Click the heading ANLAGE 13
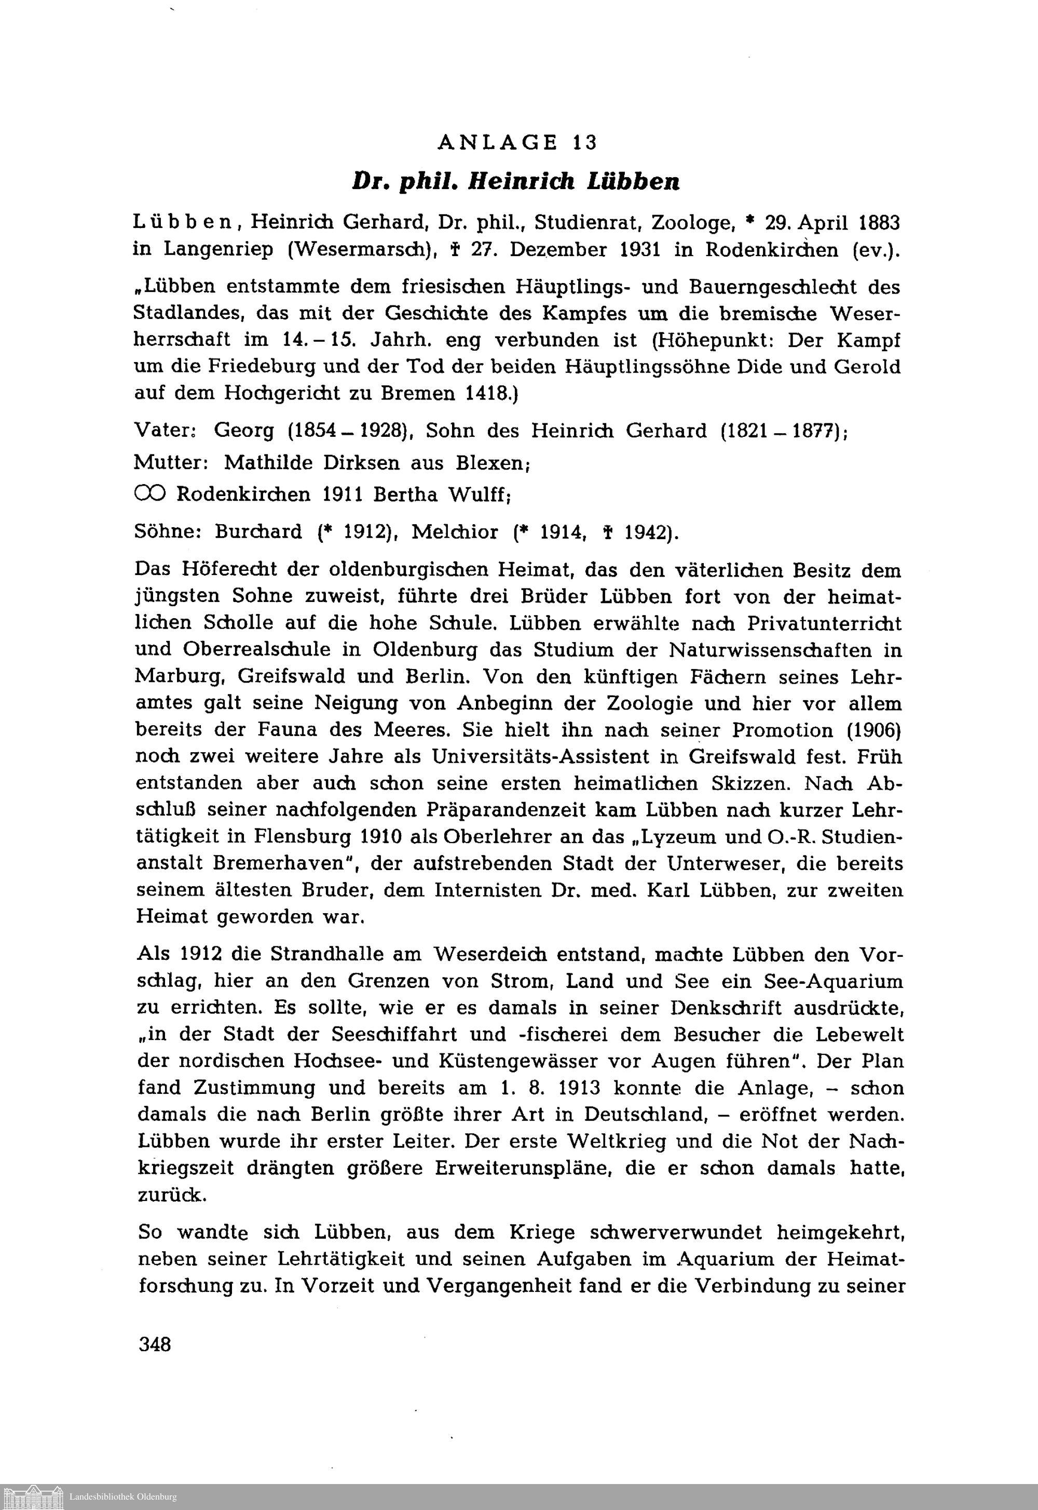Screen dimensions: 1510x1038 [517, 142]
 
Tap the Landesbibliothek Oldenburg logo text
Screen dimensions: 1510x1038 [123, 1496]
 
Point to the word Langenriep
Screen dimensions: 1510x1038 [218, 250]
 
